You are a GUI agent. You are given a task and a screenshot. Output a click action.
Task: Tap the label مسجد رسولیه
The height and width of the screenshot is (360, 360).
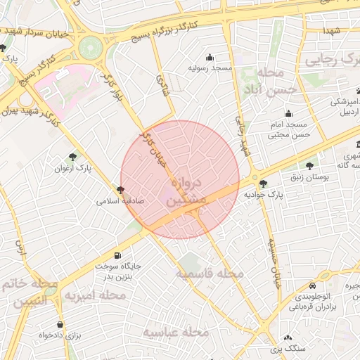click(210, 69)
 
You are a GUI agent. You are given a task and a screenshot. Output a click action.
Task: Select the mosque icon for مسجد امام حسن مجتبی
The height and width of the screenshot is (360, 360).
click(288, 114)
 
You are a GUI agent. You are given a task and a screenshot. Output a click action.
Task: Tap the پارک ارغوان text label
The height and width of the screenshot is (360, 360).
click(73, 169)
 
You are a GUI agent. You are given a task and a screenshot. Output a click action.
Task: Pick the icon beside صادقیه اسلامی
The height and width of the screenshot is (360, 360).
click(121, 190)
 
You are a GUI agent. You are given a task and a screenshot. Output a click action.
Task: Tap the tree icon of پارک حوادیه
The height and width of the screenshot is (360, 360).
click(264, 183)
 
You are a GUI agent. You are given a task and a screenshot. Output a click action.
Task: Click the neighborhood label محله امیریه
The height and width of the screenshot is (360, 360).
click(95, 296)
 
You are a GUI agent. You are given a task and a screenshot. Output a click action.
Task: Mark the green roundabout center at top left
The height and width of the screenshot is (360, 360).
click(90, 49)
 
